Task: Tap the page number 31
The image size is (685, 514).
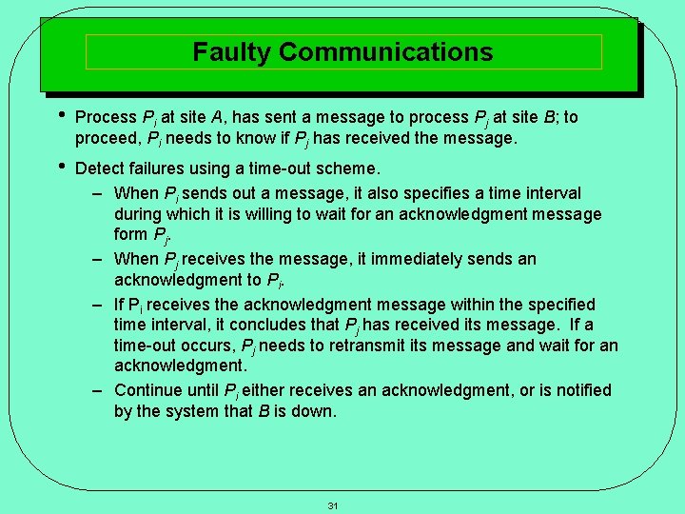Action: pyautogui.click(x=333, y=505)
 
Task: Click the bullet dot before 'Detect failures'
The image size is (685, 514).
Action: pyautogui.click(x=62, y=168)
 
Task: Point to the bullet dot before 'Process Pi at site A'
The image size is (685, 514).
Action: pyautogui.click(x=62, y=116)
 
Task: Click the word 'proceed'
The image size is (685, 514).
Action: pyautogui.click(x=106, y=139)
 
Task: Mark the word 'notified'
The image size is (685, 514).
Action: pyautogui.click(x=577, y=390)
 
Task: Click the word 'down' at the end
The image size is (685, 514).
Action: pyautogui.click(x=316, y=411)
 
